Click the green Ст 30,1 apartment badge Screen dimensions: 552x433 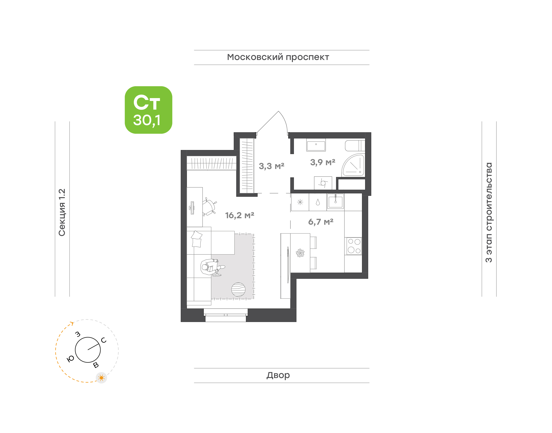click(x=148, y=110)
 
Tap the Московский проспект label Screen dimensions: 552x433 click(x=278, y=57)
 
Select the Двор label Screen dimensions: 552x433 click(x=278, y=375)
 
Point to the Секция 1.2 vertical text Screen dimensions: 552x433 click(x=62, y=212)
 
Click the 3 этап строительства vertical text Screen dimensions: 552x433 click(x=489, y=212)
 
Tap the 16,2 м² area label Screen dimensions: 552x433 click(x=240, y=215)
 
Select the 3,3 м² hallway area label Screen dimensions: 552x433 click(x=271, y=166)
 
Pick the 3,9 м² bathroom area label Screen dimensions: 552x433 click(x=323, y=162)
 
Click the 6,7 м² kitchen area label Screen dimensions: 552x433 click(x=321, y=222)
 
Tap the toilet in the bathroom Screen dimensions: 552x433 click(x=355, y=146)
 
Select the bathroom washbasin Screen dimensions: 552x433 click(x=316, y=145)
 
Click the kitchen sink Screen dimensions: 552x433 click(x=335, y=202)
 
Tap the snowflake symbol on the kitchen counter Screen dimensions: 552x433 click(x=300, y=202)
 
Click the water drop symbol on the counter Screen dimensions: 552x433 click(x=318, y=202)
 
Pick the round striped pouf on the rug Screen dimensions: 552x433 click(x=238, y=289)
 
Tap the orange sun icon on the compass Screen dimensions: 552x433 click(x=101, y=378)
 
